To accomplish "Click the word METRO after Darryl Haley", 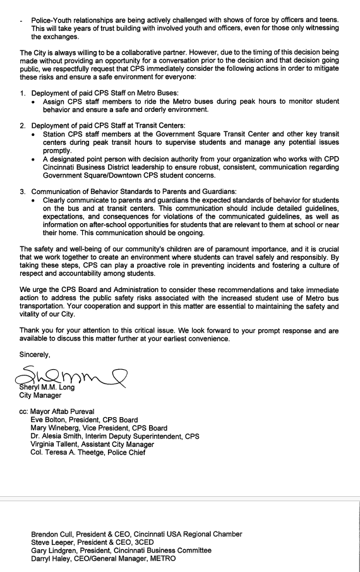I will (162, 559).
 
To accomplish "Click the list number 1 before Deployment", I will (23, 94).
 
